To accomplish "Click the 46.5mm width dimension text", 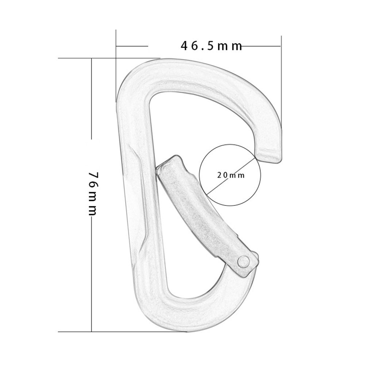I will click(211, 46).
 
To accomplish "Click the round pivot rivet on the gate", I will click(243, 261).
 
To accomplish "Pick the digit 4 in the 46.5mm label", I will click(185, 46).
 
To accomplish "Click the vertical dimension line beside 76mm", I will click(91, 109).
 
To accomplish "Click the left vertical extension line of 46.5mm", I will click(116, 66).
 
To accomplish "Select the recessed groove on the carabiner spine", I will click(140, 197).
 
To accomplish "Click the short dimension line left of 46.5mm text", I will click(131, 46).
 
